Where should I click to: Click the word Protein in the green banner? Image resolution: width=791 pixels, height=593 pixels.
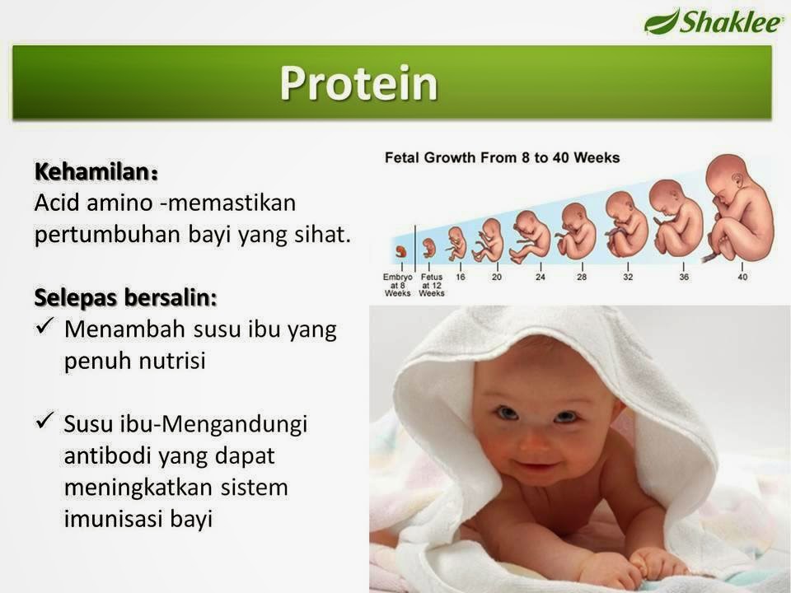coord(358,83)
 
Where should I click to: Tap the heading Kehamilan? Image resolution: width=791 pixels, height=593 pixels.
coord(96,172)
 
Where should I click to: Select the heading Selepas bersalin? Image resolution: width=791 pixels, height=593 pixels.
coord(125,297)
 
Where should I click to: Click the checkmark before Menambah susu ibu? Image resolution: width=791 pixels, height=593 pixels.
coord(44,325)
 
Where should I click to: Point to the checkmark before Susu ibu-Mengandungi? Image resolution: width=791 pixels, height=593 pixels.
coord(44,420)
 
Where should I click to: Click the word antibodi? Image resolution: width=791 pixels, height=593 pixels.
coord(108,455)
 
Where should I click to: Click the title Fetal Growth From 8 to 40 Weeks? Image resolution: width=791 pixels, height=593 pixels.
coord(502,158)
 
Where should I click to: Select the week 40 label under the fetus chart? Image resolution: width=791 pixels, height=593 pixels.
coord(742,277)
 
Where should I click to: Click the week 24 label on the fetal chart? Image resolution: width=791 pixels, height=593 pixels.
coord(541,277)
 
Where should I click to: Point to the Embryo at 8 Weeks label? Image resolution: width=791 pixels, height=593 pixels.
coord(397,285)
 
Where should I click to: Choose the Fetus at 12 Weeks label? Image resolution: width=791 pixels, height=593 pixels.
coord(432,285)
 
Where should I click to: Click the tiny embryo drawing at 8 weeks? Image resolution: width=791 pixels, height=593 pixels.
coord(401,252)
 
